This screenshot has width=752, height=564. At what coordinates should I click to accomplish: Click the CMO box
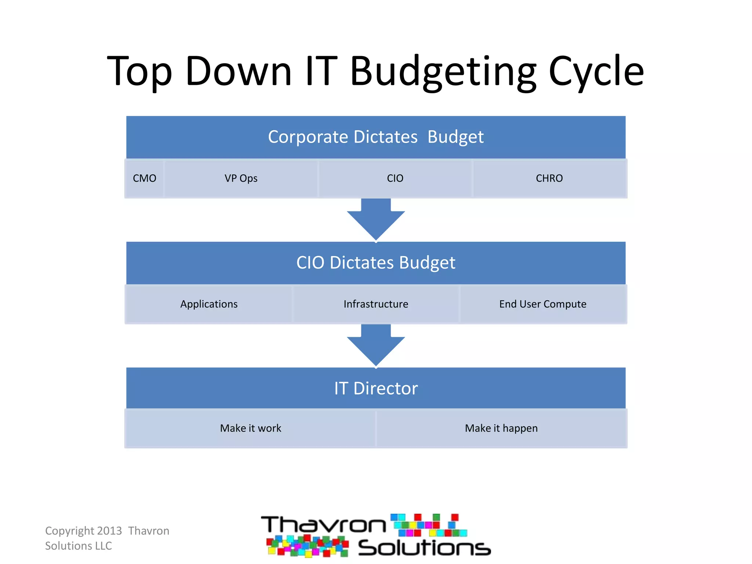[x=144, y=178]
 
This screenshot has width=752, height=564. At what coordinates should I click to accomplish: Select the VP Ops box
[x=241, y=178]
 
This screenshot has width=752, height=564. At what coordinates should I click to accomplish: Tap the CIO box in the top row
[x=395, y=178]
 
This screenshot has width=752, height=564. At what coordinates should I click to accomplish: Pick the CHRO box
[x=549, y=178]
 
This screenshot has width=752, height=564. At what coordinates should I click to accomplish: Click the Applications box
[x=209, y=304]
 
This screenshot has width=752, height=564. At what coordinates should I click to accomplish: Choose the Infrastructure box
[x=376, y=304]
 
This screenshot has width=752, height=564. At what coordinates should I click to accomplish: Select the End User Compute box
[x=543, y=304]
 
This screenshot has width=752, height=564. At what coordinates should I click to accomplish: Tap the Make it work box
[x=250, y=428]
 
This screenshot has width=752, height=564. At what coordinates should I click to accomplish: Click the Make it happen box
[x=501, y=428]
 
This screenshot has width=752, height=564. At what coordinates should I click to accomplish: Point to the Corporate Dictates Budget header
[x=376, y=137]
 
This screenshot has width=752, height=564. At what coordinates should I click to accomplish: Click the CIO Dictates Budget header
[x=376, y=263]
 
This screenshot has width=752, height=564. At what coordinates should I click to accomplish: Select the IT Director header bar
[x=376, y=388]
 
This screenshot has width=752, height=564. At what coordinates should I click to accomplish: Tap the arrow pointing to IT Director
[x=376, y=345]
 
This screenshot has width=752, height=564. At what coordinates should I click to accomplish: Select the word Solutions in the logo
[x=424, y=547]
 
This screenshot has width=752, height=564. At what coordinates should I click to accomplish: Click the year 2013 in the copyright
[x=109, y=531]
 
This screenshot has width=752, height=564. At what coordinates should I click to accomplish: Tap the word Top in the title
[x=140, y=72]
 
